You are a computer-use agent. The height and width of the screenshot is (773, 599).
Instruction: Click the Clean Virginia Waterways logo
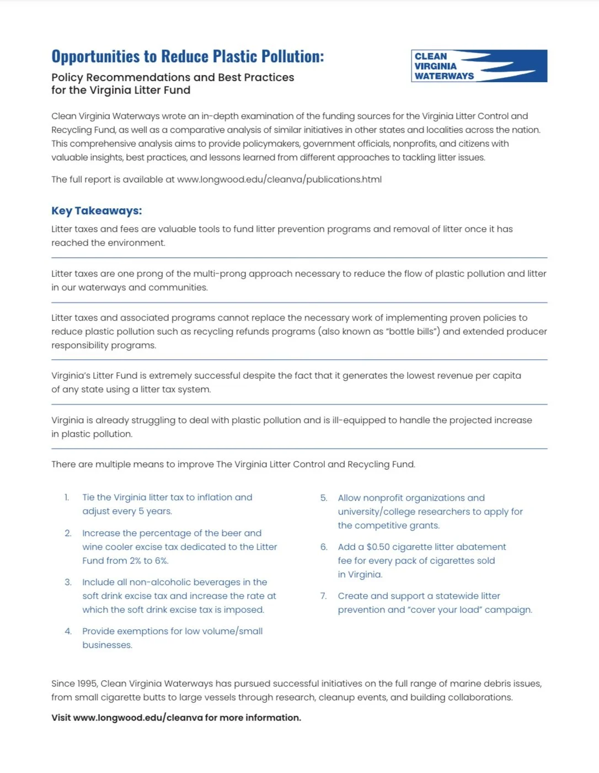[x=479, y=66]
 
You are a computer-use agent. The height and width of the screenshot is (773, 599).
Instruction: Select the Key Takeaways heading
[x=97, y=210]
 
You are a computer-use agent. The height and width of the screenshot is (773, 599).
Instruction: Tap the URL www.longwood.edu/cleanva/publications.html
[x=279, y=180]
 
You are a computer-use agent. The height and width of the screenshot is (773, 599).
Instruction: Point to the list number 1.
[x=67, y=498]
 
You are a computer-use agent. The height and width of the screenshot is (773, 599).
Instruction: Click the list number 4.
[x=68, y=631]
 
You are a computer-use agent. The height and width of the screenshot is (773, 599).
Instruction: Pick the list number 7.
[x=323, y=596]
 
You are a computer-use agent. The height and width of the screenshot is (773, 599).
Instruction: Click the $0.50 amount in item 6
[x=378, y=547]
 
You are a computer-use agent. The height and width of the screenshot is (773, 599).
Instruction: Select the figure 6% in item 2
[x=162, y=561]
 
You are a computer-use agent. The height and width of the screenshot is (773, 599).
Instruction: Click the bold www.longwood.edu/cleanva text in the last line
[x=138, y=718]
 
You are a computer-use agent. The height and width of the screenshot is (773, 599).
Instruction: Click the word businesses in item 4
[x=107, y=645]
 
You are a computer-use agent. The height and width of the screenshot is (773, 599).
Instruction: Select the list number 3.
[x=68, y=582]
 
